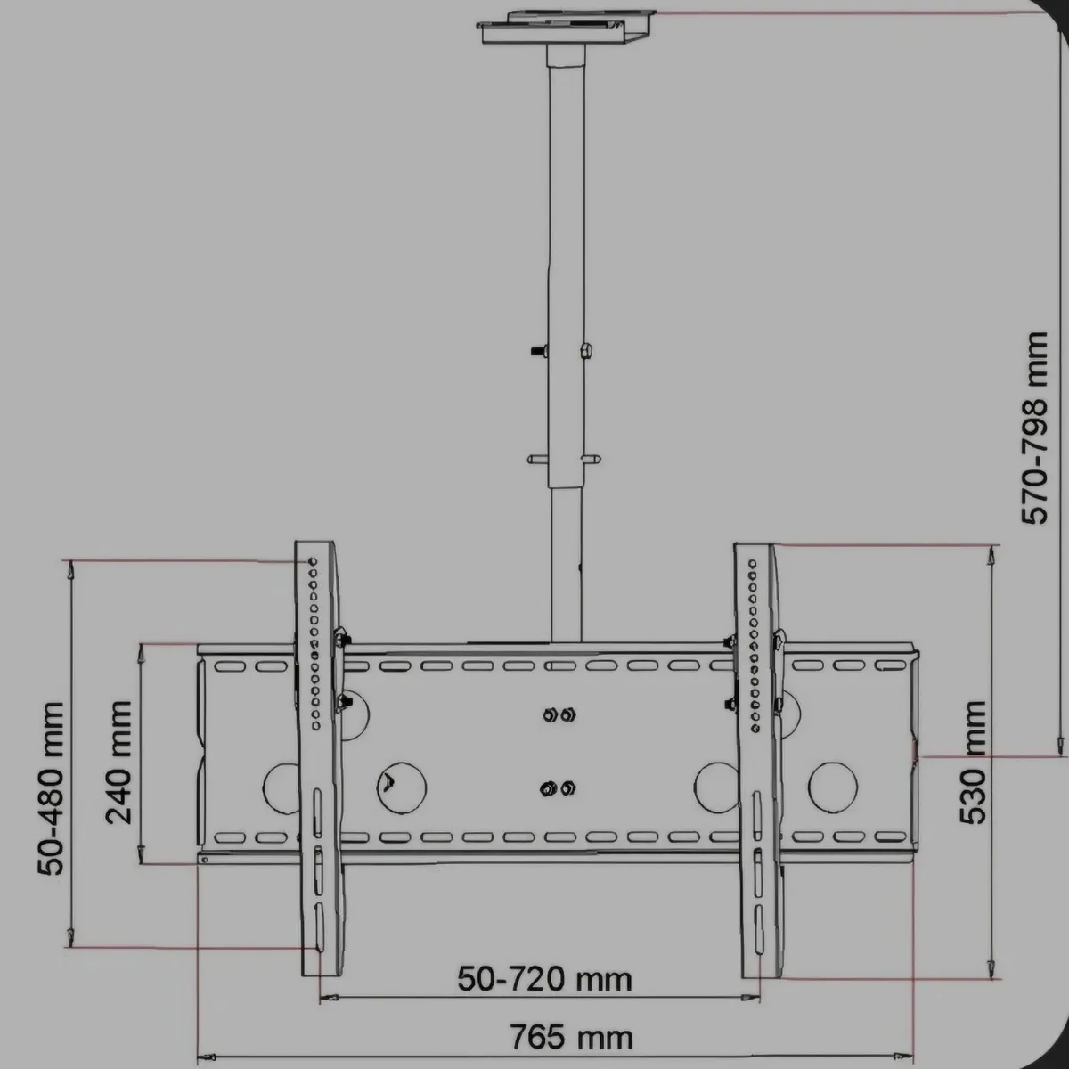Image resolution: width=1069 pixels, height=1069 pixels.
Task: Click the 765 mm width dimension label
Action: point(571,1038)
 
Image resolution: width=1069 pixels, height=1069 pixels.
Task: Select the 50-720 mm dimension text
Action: point(544,979)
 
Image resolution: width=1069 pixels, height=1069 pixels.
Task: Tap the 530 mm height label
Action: point(975,762)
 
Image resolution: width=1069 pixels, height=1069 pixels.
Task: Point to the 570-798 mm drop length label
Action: point(1035,428)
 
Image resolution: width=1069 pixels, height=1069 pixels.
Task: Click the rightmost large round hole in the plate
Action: point(833,787)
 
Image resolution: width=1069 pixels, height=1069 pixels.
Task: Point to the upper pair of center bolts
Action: point(559,714)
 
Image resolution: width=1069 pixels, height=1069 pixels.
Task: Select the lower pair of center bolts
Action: point(559,787)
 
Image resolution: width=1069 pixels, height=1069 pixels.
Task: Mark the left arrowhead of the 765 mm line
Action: point(206,1057)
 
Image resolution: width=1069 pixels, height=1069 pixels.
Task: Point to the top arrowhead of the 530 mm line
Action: point(989,556)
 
